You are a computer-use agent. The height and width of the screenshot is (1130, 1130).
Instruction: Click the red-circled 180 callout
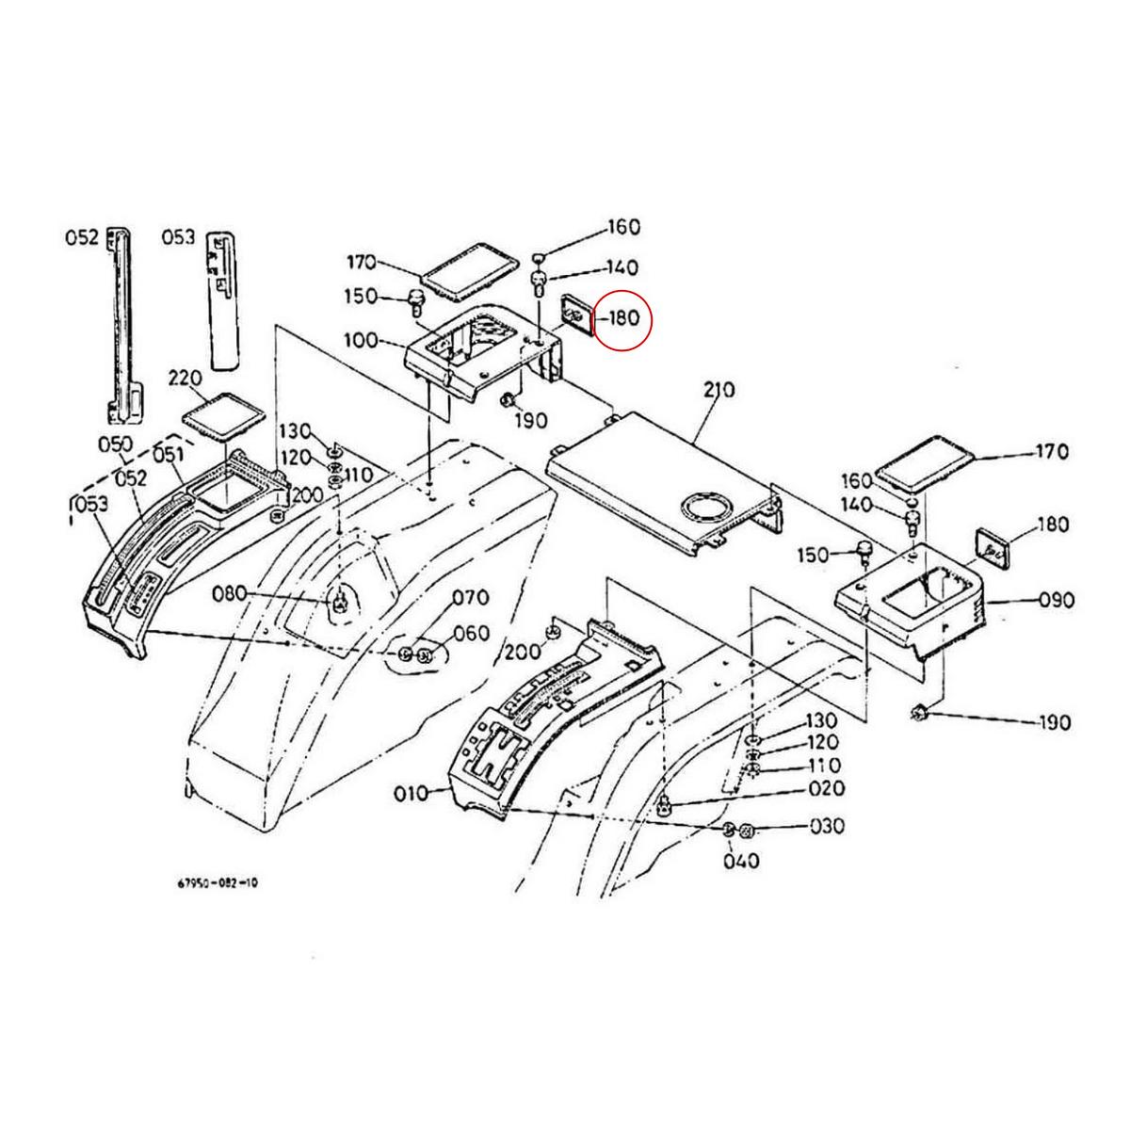pyautogui.click(x=624, y=318)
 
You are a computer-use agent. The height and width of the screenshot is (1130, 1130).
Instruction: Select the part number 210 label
pyautogui.click(x=719, y=390)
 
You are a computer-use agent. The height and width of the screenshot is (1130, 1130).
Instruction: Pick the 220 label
pyautogui.click(x=185, y=379)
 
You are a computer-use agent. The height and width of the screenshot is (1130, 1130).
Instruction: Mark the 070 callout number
pyautogui.click(x=471, y=597)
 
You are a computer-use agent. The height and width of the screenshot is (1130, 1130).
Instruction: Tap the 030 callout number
pyautogui.click(x=827, y=827)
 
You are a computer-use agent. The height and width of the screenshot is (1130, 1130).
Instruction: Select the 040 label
pyautogui.click(x=741, y=861)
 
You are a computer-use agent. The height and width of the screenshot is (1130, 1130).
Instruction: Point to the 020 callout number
pyautogui.click(x=826, y=788)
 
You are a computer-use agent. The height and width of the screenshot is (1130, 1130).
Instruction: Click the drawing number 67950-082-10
pyautogui.click(x=217, y=883)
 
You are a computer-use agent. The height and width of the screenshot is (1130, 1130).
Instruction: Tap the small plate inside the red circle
pyautogui.click(x=573, y=314)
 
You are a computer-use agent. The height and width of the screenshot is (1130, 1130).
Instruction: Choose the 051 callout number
pyautogui.click(x=168, y=456)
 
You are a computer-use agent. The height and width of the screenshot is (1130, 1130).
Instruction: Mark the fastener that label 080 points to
pyautogui.click(x=339, y=599)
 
